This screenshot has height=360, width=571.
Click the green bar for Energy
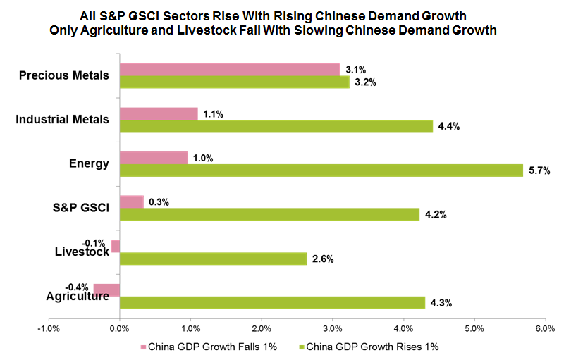point(321,170)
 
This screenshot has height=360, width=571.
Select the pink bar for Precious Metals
point(230,69)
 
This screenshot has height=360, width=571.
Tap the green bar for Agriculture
point(272,303)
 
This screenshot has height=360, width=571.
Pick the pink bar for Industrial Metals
point(159,113)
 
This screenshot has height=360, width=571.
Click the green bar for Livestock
point(213,259)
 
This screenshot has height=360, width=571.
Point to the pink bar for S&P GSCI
point(131,201)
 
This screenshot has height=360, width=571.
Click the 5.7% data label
point(539,170)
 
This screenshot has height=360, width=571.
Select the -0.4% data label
point(77,287)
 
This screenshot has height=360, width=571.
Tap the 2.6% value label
point(322,259)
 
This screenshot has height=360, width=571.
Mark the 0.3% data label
point(159,201)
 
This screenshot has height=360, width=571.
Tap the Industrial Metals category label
point(62,119)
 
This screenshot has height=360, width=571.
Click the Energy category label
point(89,163)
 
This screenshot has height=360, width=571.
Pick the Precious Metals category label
point(64,75)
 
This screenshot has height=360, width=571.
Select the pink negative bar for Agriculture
point(106,290)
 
